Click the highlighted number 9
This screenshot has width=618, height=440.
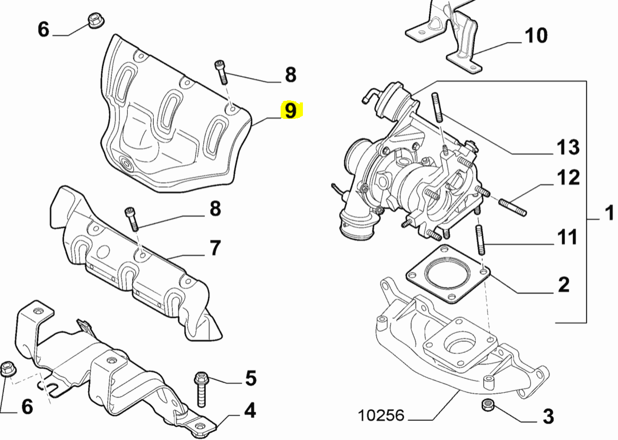291,111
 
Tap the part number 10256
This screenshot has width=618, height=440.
381,415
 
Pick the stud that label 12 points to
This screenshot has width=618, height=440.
512,206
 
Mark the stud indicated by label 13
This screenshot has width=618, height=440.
439,108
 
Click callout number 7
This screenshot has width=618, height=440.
214,248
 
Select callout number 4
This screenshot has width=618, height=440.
249,410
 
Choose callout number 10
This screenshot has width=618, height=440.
535,36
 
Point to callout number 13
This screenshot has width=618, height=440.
567,147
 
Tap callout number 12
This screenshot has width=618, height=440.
568,178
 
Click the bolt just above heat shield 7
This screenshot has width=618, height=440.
132,218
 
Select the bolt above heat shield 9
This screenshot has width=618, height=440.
221,72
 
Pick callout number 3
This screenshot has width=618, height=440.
548,416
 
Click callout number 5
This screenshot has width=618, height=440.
250,378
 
